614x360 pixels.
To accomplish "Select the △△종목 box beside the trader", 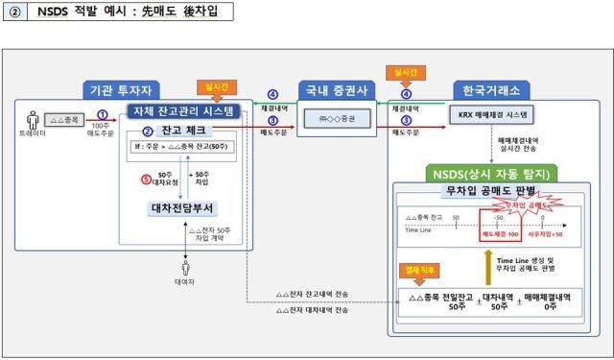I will [64, 120].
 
